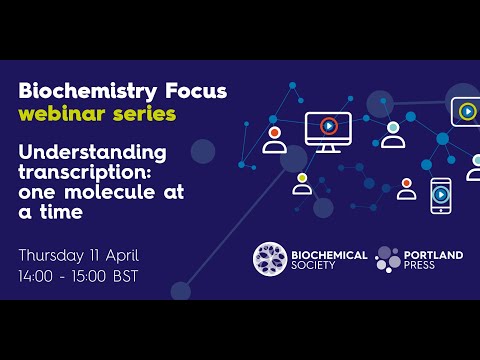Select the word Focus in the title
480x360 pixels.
pyautogui.click(x=195, y=91)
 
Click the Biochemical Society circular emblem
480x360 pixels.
pyautogui.click(x=270, y=259)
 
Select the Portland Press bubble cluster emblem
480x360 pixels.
pyautogui.click(x=387, y=259)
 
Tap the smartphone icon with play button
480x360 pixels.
pyautogui.click(x=441, y=195)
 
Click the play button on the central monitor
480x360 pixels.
pyautogui.click(x=328, y=126)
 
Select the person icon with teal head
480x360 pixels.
pyautogui.click(x=393, y=135)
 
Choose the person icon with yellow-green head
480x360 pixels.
pyautogui.click(x=302, y=184)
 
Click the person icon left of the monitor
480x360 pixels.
pyautogui.click(x=274, y=139)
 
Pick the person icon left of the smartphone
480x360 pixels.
pyautogui.click(x=406, y=189)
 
